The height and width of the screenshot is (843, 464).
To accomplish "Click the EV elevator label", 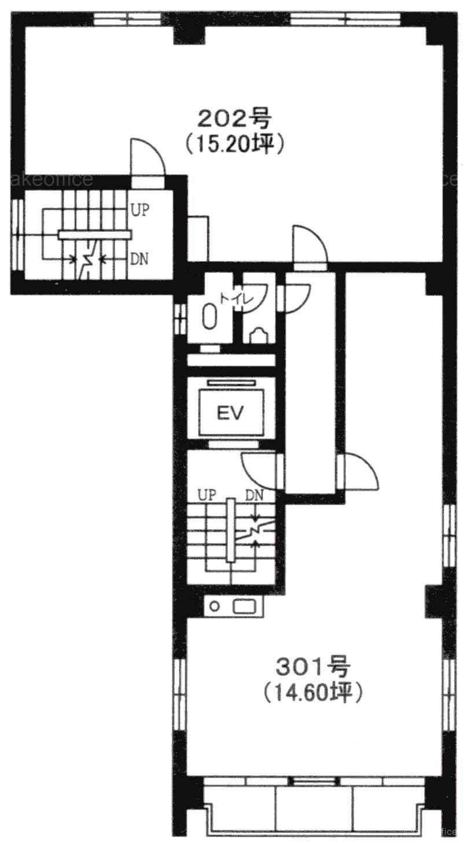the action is [x=230, y=413].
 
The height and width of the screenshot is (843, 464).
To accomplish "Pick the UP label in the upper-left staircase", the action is [x=140, y=210].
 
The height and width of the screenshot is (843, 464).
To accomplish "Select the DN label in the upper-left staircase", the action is [x=139, y=259].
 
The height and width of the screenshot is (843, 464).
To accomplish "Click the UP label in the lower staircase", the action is [x=208, y=495].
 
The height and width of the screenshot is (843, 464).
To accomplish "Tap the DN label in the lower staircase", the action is [x=255, y=495].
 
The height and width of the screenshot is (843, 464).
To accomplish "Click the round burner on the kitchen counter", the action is [x=215, y=607].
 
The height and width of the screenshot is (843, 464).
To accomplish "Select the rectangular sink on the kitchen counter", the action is [x=245, y=607].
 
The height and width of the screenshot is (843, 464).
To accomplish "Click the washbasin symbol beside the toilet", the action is [x=259, y=335].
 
